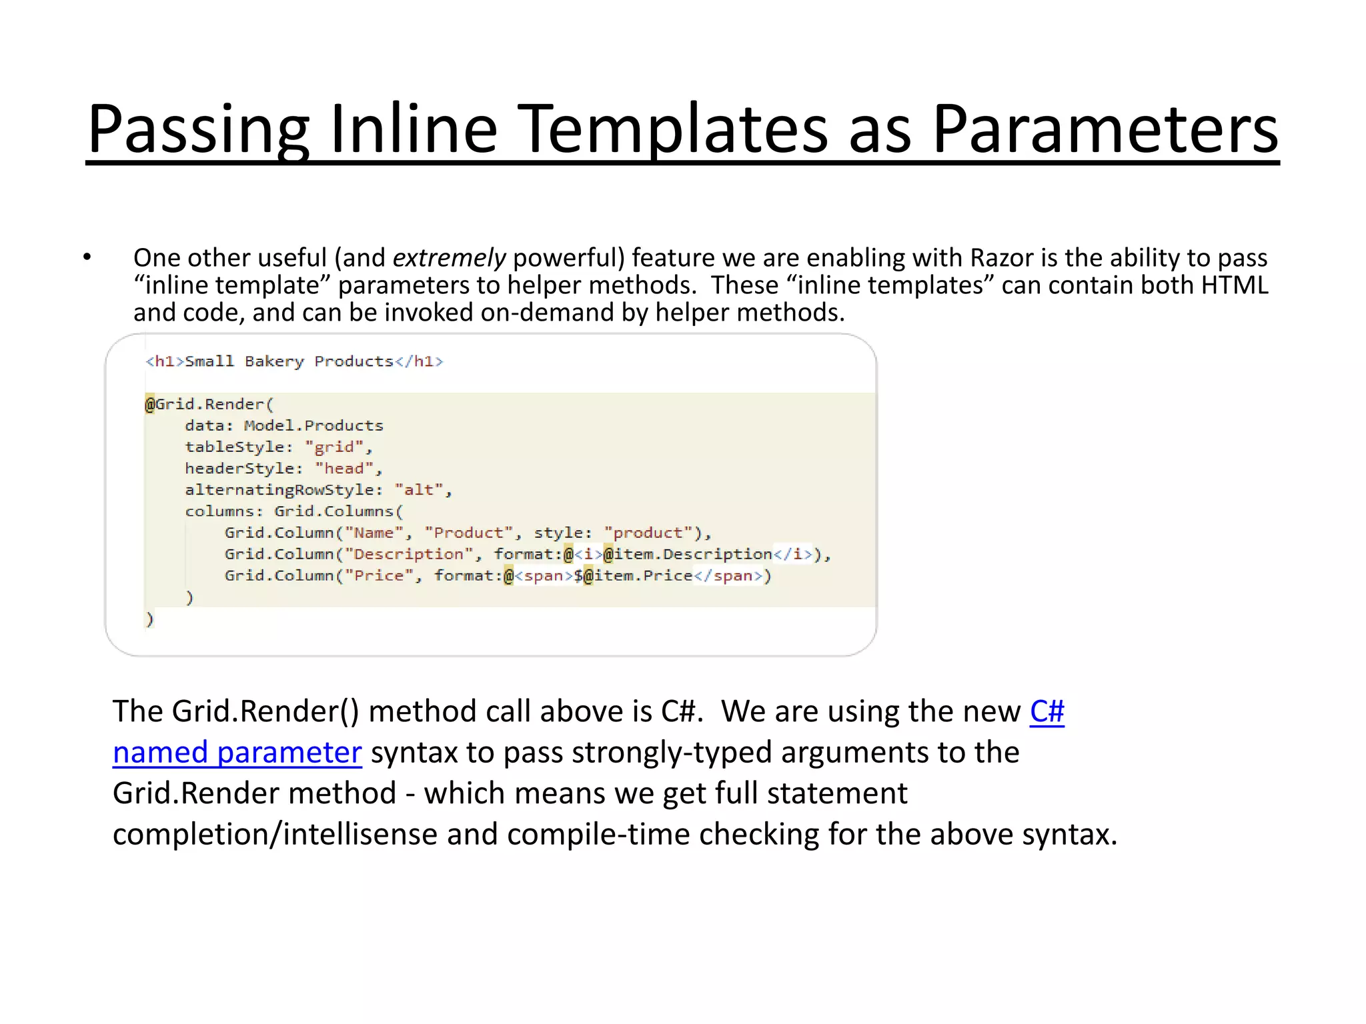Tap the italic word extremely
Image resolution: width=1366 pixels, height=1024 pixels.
tap(449, 258)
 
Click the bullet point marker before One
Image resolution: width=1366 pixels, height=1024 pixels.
tap(87, 257)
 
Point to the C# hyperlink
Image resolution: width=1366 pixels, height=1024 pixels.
tap(1047, 711)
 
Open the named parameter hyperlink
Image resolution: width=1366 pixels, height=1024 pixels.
tap(237, 753)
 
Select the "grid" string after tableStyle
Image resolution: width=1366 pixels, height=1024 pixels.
tap(335, 447)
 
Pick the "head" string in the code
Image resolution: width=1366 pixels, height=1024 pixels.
tap(344, 468)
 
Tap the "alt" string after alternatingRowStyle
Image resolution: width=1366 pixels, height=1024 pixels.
tap(419, 489)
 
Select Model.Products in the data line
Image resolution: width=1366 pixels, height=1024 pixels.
tap(313, 425)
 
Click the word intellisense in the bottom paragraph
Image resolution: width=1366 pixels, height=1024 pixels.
tap(360, 834)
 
